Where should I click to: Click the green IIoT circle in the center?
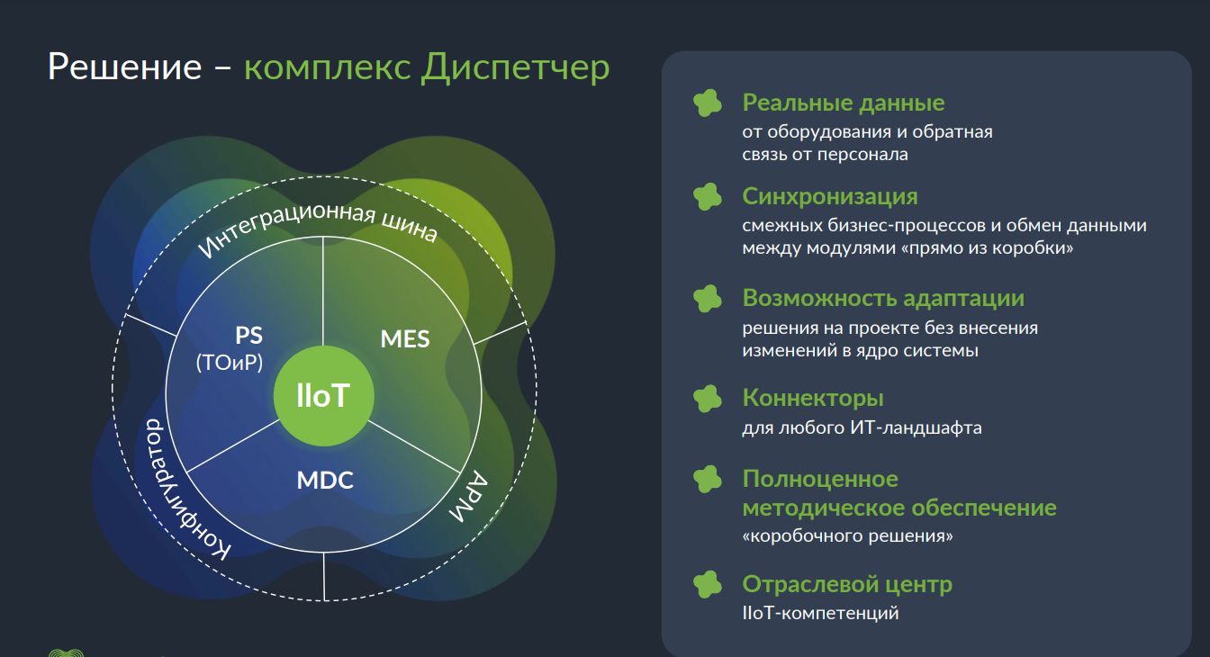coord(323,396)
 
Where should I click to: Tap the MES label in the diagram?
coord(405,339)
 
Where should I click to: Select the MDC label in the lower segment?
coord(325,480)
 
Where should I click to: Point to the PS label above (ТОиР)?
coord(249,335)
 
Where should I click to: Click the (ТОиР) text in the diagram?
coord(230,362)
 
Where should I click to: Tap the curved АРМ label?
coord(469,497)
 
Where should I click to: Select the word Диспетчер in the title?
coord(515,68)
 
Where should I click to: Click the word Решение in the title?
coord(125,67)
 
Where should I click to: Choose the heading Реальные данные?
coord(844,103)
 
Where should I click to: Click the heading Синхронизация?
coord(830,196)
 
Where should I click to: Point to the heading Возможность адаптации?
coord(883,298)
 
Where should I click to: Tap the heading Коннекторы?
coord(813,398)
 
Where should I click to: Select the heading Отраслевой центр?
coord(847,584)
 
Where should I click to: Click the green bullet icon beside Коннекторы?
coord(708,399)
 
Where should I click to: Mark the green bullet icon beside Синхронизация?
coord(708,196)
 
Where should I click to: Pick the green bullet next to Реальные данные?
coord(708,103)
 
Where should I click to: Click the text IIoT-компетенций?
coord(820,613)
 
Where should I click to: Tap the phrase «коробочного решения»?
coord(847,536)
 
